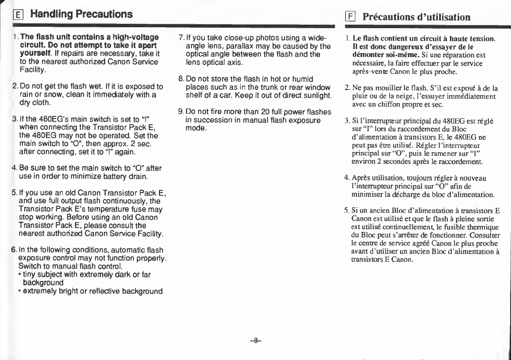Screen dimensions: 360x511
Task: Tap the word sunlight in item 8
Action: point(317,95)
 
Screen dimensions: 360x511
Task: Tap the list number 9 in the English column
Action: point(180,112)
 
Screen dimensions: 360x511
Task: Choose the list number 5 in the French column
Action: point(346,211)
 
